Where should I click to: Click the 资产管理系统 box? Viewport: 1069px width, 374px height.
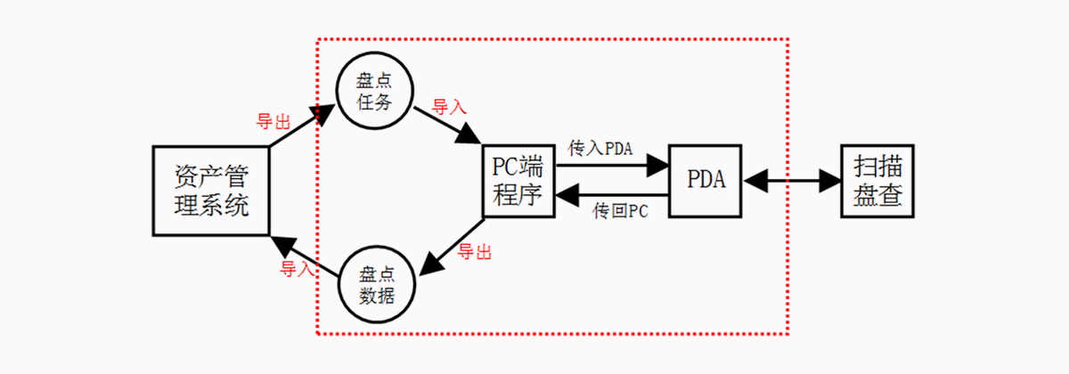(211, 191)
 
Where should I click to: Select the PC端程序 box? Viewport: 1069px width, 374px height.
(518, 180)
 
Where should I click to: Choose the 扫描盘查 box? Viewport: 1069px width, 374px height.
(877, 180)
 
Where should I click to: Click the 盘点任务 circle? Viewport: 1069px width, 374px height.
(373, 91)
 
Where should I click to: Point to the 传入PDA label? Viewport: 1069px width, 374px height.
(600, 149)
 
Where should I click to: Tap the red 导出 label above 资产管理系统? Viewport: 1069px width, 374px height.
(274, 122)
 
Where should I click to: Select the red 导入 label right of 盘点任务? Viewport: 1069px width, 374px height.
(449, 107)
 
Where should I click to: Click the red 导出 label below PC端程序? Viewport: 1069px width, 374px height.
(474, 253)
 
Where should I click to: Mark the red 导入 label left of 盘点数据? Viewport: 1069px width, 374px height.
(298, 268)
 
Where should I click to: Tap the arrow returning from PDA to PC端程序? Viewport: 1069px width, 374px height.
(612, 194)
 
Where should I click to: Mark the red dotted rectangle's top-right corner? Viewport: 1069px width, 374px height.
(788, 39)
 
